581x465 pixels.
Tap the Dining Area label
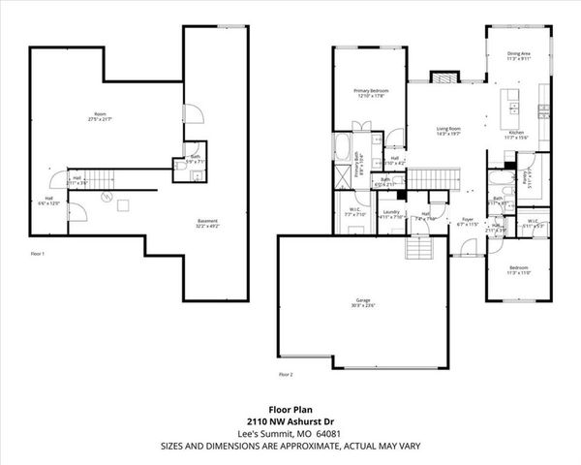[x=519, y=56]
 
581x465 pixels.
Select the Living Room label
[x=447, y=131]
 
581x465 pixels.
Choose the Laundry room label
[x=391, y=213]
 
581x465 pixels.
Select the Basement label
[x=208, y=223]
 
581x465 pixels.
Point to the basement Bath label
[x=195, y=158]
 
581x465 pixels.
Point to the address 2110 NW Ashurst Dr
[x=290, y=421]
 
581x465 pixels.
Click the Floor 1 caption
[x=40, y=253]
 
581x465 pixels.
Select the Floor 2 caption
[x=286, y=373]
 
